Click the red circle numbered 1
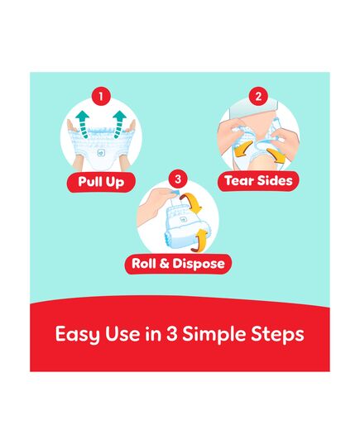[x=101, y=97]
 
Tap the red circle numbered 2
[x=258, y=97]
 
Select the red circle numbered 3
[x=178, y=179]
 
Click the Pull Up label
[x=101, y=182]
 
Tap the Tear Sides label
[x=258, y=180]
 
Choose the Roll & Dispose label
[x=178, y=264]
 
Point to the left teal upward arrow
[x=83, y=124]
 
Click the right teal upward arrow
[x=120, y=124]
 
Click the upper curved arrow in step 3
[x=192, y=203]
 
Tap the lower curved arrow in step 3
[x=200, y=241]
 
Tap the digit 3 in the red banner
[x=172, y=334]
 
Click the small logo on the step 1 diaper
[x=101, y=153]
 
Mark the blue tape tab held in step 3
[x=174, y=193]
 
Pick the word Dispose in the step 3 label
[x=199, y=264]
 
